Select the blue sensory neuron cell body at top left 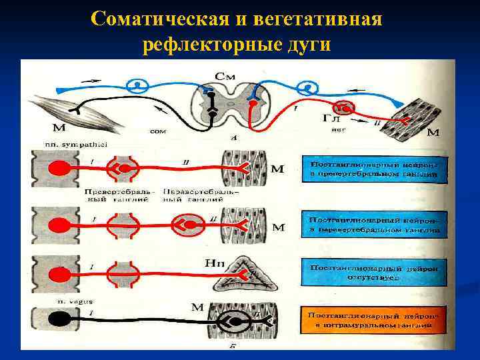coord(139,85)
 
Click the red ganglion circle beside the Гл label coord(343,107)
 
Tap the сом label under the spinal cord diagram coord(157,131)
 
